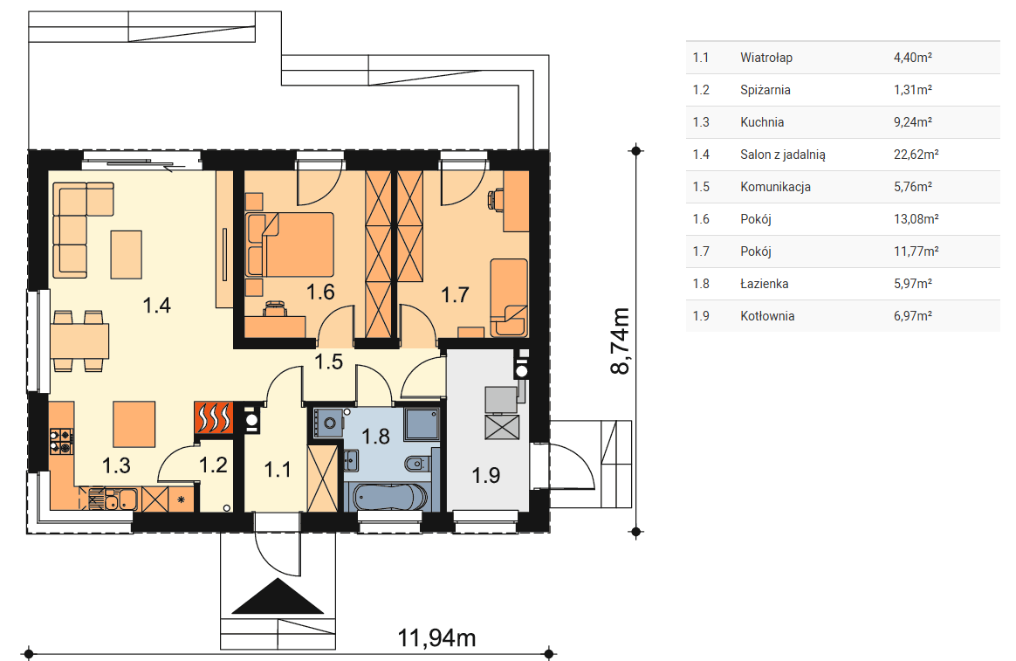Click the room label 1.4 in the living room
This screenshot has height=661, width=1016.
click(x=157, y=305)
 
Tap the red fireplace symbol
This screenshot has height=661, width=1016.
click(x=213, y=418)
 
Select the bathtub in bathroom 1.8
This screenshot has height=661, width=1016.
click(x=389, y=497)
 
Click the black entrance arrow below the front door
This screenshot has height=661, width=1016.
click(x=278, y=596)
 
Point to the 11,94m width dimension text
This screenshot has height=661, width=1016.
click(x=436, y=637)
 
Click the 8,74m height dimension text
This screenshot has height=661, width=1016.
click(x=620, y=341)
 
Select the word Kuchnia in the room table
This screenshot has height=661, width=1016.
click(x=762, y=122)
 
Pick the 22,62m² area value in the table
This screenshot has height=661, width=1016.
click(x=916, y=155)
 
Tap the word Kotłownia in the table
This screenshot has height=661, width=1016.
click(x=767, y=316)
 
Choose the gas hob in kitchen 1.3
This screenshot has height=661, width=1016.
click(x=62, y=441)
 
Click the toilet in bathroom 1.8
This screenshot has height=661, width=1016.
click(x=416, y=464)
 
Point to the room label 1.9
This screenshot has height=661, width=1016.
click(x=486, y=475)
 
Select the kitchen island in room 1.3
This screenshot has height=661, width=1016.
click(x=134, y=424)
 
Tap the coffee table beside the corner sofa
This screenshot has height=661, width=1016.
click(x=126, y=255)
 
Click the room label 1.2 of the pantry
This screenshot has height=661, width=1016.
click(x=213, y=465)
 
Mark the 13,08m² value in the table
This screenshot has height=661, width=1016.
click(x=916, y=219)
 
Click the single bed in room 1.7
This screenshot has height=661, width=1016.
click(x=509, y=298)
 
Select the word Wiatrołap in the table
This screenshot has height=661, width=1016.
click(x=766, y=58)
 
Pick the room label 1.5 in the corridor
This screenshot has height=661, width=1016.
click(x=328, y=361)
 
